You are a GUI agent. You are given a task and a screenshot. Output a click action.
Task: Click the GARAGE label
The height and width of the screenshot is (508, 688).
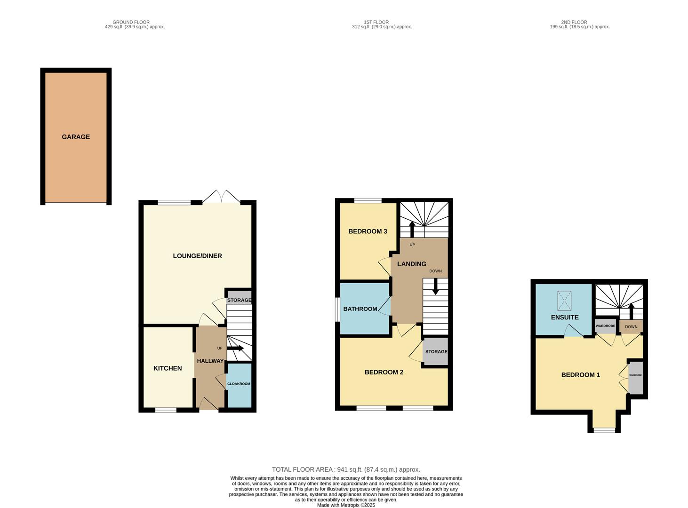pos(76,137)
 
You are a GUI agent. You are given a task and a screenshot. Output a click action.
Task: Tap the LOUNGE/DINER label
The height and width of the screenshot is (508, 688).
pos(197,256)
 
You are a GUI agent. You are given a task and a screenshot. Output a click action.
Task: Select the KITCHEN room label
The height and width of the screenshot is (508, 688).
pos(168,368)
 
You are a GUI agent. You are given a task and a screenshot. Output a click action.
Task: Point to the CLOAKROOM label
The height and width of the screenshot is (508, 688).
pos(239,384)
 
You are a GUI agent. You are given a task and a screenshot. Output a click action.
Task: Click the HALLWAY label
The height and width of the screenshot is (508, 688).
pos(210,361)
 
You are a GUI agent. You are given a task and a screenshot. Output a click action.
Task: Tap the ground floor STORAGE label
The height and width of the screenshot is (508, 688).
pos(239,300)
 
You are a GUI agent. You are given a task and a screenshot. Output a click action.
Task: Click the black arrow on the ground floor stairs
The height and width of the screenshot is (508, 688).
pos(235,348)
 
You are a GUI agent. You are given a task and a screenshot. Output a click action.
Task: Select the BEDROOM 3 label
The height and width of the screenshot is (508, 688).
pos(368,231)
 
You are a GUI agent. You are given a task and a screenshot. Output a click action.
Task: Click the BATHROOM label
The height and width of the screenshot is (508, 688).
pos(360,309)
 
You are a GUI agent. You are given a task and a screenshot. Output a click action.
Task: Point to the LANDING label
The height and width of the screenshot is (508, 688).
pos(412,264)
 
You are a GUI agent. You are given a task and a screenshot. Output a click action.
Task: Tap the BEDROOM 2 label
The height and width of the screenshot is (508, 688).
pos(384,372)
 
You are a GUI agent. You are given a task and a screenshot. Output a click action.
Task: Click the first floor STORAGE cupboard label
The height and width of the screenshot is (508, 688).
pos(436,351)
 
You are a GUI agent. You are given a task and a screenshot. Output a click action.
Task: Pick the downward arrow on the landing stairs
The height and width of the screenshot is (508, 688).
pos(435,286)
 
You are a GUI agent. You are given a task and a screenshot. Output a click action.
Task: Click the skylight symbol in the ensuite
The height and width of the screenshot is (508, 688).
pos(564,301)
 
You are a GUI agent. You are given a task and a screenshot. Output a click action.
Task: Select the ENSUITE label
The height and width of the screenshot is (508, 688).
pos(565,317)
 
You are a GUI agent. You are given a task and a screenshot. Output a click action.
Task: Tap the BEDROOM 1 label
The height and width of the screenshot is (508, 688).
pos(580,374)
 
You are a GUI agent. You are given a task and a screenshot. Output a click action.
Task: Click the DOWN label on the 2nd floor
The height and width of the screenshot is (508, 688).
pos(631,326)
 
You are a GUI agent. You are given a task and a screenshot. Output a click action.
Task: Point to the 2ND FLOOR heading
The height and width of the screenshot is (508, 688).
pos(574,22)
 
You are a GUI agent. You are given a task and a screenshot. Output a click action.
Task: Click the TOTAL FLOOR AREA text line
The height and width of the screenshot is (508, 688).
pos(346,469)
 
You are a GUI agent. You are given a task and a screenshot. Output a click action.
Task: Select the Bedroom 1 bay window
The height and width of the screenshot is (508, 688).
pos(604,430)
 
